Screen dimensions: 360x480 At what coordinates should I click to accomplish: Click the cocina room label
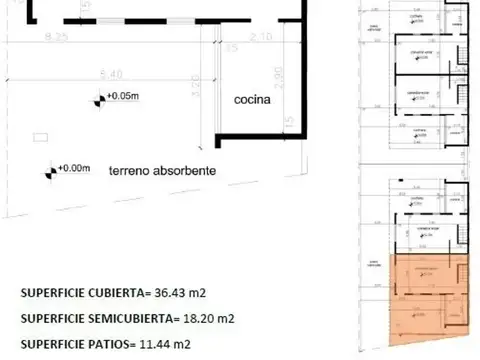tap(252, 101)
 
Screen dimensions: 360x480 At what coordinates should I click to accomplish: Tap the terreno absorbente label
tap(161, 171)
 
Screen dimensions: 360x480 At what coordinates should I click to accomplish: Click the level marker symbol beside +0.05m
tap(99, 99)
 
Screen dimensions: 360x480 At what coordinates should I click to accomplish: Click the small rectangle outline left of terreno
tap(39, 133)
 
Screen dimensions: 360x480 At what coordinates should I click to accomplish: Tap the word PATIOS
tap(110, 345)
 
